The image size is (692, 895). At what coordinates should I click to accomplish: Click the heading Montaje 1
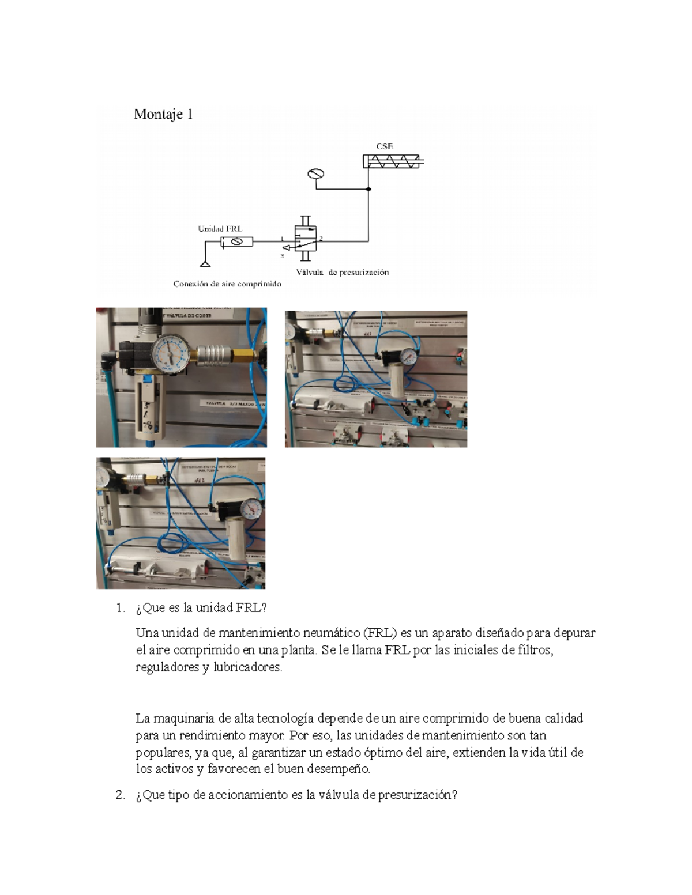click(x=163, y=114)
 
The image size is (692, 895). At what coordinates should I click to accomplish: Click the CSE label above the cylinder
click(x=385, y=146)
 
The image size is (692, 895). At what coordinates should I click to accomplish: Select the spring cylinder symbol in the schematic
click(x=394, y=161)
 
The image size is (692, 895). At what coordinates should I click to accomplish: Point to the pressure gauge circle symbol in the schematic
click(x=315, y=174)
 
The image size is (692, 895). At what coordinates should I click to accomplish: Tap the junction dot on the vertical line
click(x=368, y=189)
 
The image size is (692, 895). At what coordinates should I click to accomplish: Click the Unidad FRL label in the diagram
click(x=220, y=228)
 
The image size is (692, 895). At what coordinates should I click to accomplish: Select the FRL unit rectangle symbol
click(x=236, y=242)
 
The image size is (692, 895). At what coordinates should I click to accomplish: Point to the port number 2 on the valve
click(x=321, y=237)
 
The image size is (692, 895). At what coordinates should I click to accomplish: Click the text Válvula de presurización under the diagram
click(x=343, y=272)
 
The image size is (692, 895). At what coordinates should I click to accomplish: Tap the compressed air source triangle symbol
click(x=204, y=264)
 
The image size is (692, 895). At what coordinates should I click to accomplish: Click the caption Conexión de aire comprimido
click(x=227, y=284)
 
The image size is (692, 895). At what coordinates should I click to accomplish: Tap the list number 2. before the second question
click(x=120, y=795)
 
